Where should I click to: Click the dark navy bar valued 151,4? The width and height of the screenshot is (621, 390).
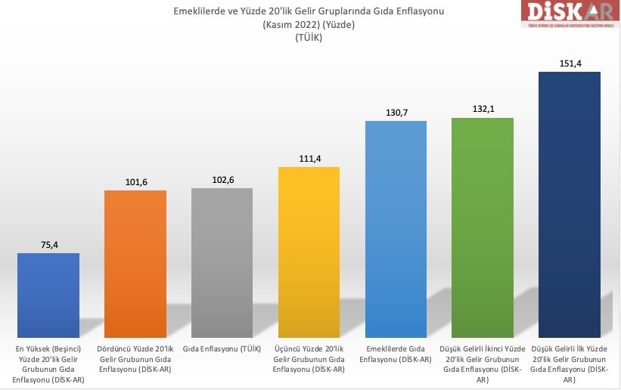click(x=569, y=204)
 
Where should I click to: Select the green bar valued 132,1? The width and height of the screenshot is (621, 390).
click(x=482, y=227)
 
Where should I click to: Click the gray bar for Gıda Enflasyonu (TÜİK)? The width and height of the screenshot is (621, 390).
click(x=222, y=262)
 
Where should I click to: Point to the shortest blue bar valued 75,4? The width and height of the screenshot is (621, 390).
click(x=48, y=295)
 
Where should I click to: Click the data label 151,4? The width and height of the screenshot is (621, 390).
click(x=569, y=63)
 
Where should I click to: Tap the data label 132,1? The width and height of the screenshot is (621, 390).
click(x=482, y=109)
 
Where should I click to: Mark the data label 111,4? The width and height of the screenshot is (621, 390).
click(x=309, y=158)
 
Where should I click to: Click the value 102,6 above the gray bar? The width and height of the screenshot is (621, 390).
click(x=222, y=179)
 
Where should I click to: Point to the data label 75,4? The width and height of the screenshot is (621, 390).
click(x=48, y=244)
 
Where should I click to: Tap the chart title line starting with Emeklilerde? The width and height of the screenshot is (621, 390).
click(x=308, y=11)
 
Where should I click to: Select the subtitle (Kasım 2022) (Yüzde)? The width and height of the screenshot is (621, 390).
click(x=308, y=25)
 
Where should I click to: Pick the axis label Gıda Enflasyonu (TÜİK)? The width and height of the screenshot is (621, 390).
click(x=222, y=348)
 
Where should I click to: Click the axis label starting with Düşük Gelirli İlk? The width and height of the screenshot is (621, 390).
click(x=569, y=364)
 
